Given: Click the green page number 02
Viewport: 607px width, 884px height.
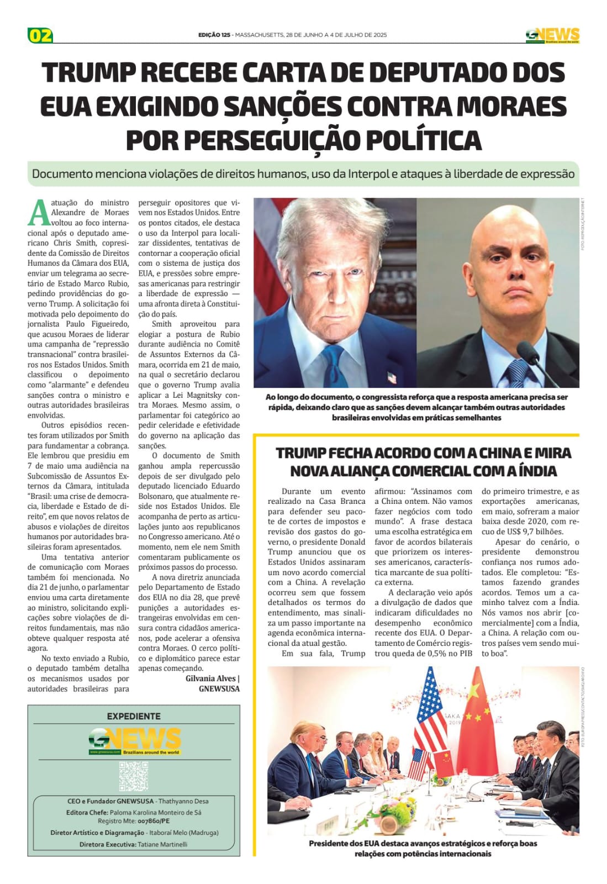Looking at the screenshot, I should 40,35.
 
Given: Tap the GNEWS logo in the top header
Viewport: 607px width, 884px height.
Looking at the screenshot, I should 552,35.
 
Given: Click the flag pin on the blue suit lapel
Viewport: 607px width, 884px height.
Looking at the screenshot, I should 393,377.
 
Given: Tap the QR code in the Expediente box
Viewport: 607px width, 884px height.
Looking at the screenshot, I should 134,776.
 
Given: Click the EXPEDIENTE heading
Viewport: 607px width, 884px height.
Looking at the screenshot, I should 134,716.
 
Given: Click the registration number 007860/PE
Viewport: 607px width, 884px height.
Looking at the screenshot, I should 154,821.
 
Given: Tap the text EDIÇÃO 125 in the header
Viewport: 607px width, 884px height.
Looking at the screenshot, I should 214,35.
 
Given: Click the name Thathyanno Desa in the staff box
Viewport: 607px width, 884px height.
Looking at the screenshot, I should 183,801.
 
